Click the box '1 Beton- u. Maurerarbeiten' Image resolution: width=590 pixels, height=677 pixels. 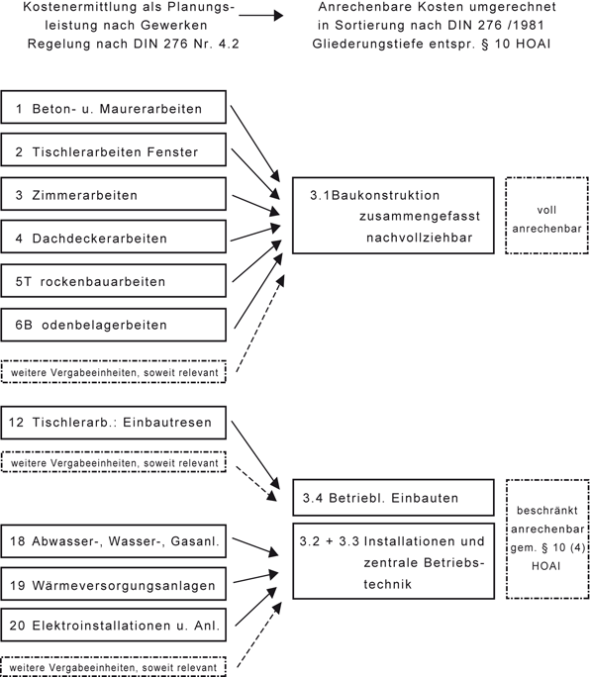(115, 108)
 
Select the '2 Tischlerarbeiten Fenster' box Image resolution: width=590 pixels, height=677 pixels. (115, 151)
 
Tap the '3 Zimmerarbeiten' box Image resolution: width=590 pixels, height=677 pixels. (115, 195)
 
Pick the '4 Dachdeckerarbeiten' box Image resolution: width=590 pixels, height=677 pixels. (115, 239)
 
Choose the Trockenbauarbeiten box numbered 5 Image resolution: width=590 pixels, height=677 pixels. (115, 282)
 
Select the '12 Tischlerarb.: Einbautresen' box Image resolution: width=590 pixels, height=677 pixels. (115, 423)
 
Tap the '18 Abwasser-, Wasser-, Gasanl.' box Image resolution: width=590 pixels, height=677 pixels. (115, 541)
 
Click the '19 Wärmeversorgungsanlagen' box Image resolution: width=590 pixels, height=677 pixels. (115, 585)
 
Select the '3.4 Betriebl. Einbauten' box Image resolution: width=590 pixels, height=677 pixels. (392, 498)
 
